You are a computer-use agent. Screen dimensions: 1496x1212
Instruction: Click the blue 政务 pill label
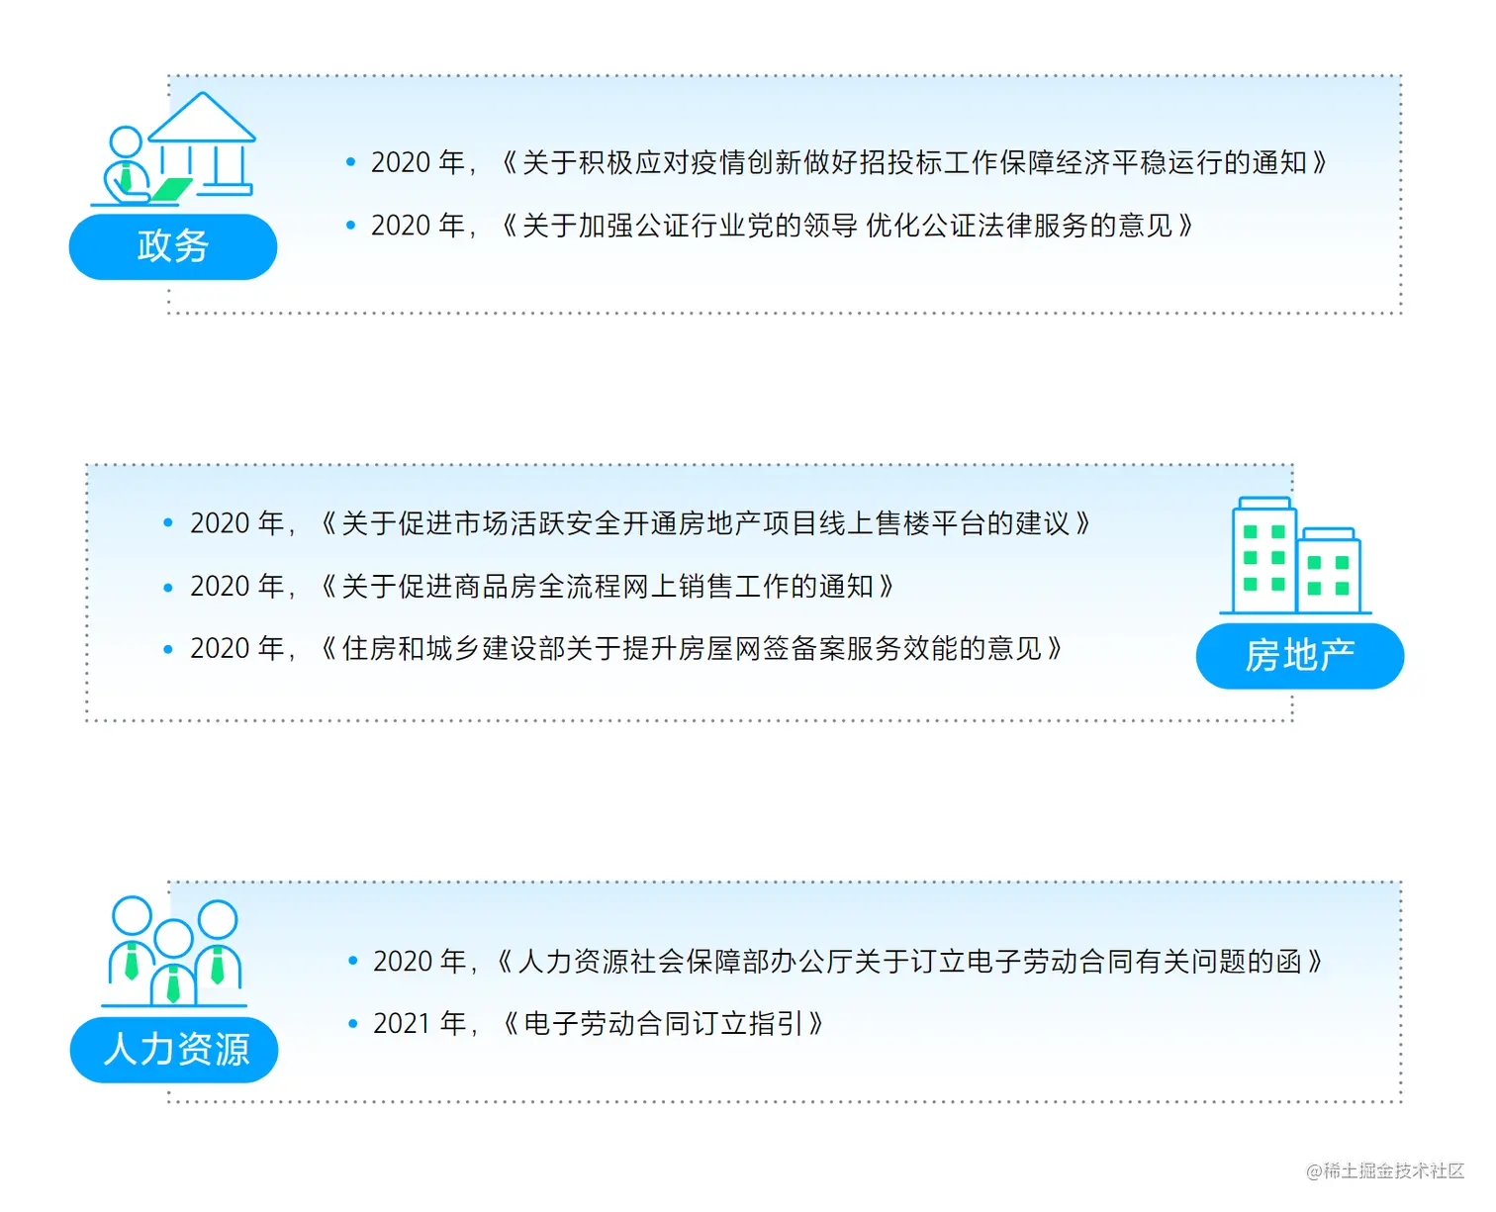[172, 246]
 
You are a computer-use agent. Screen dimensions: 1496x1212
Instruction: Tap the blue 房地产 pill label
[1299, 656]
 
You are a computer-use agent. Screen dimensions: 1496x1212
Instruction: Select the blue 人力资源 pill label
[174, 1050]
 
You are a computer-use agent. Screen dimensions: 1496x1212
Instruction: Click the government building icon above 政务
[204, 142]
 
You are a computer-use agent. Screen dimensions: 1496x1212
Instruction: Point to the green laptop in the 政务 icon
[170, 188]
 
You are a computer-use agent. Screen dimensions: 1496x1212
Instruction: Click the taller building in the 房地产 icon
[1263, 556]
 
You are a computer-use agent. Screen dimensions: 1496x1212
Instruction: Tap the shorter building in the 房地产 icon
[1329, 572]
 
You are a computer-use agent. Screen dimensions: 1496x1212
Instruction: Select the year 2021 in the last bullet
[402, 1024]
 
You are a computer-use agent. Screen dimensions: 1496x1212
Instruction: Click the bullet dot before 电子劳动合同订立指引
[353, 1024]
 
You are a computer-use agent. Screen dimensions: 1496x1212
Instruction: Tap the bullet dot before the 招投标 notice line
[350, 162]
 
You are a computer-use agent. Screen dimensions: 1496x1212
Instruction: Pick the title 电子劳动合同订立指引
[662, 1024]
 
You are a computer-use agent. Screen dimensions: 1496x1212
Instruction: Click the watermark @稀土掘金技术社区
[1384, 1171]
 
